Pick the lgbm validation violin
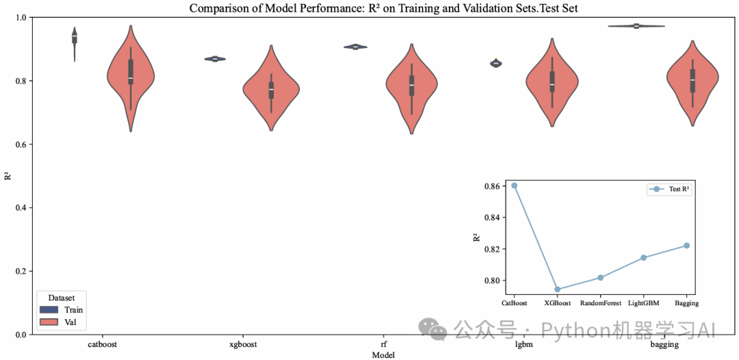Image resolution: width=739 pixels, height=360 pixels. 552,82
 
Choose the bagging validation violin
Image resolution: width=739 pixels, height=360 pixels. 692,81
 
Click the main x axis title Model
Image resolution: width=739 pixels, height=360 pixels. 383,355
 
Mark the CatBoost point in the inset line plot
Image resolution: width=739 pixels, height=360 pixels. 515,185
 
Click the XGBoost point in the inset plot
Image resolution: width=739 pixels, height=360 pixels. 557,290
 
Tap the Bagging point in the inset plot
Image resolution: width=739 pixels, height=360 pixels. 686,246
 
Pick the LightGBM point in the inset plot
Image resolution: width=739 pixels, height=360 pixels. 643,257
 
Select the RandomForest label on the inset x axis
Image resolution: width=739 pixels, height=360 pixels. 600,303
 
